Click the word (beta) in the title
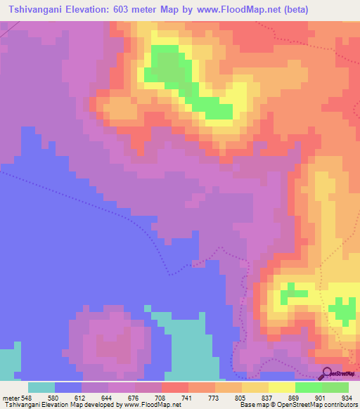tap(287, 9)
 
